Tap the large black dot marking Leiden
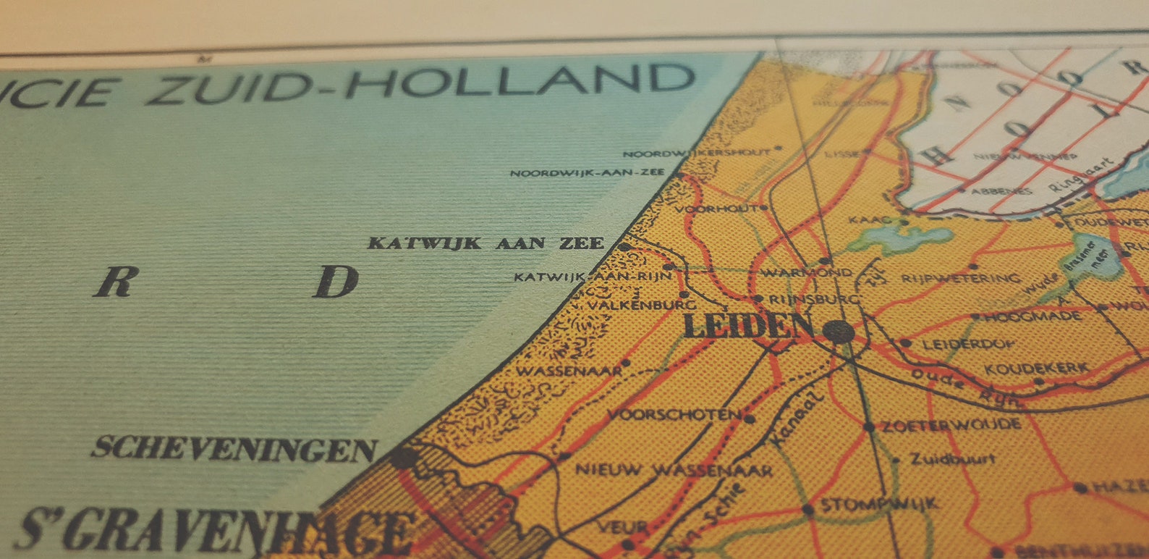click(x=839, y=332)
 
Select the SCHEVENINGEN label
click(x=234, y=449)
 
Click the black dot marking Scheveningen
click(x=402, y=458)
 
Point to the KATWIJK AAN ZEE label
click(x=486, y=243)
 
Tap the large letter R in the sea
click(x=116, y=282)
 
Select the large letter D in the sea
click(x=336, y=282)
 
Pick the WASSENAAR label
click(x=569, y=371)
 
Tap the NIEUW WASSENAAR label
click(x=674, y=470)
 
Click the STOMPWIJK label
click(x=879, y=504)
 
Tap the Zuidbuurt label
click(x=952, y=458)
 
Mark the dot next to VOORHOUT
click(x=763, y=208)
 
